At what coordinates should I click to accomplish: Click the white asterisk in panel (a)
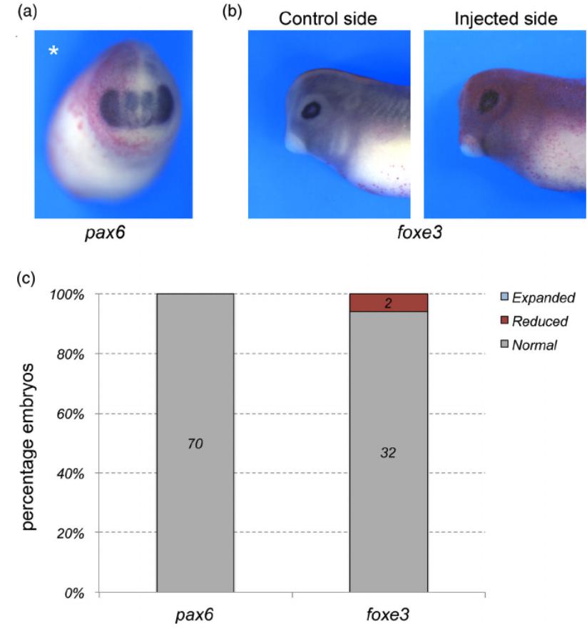tap(52, 51)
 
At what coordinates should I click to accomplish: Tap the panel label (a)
tap(28, 13)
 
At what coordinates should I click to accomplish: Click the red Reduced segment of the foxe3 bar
tap(389, 302)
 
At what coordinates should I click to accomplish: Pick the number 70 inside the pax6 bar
tap(195, 444)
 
